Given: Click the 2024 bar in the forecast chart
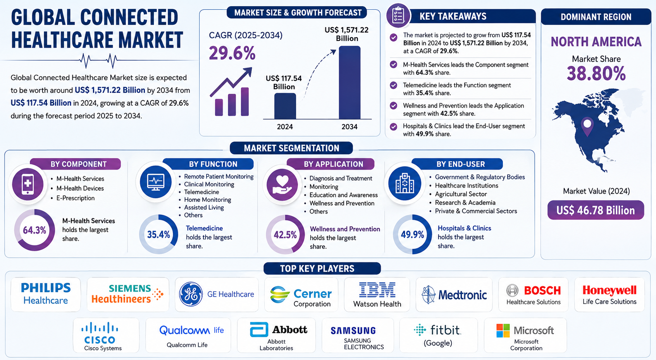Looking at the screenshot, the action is [285, 106].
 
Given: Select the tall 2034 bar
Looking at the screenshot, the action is [350, 82].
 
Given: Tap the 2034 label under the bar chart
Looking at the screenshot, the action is [350, 127].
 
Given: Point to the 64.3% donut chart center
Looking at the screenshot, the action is [34, 230].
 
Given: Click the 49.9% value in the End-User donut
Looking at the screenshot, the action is [412, 234].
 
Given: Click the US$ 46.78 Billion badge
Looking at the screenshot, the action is [596, 210].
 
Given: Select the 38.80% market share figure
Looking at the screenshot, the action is [596, 73].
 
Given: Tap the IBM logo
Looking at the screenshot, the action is [377, 290].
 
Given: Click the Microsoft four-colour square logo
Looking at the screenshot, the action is [503, 331].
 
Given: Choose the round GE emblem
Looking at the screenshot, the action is [191, 294].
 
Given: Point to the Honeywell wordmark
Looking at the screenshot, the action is [610, 290].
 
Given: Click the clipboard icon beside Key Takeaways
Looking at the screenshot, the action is [398, 15].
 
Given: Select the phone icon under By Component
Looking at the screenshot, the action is [28, 184].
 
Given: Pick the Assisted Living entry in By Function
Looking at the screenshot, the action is [204, 207].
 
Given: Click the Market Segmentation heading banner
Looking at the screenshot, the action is [291, 148].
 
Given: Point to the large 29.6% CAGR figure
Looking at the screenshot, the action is [232, 53].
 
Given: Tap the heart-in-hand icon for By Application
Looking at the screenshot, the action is [282, 185].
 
